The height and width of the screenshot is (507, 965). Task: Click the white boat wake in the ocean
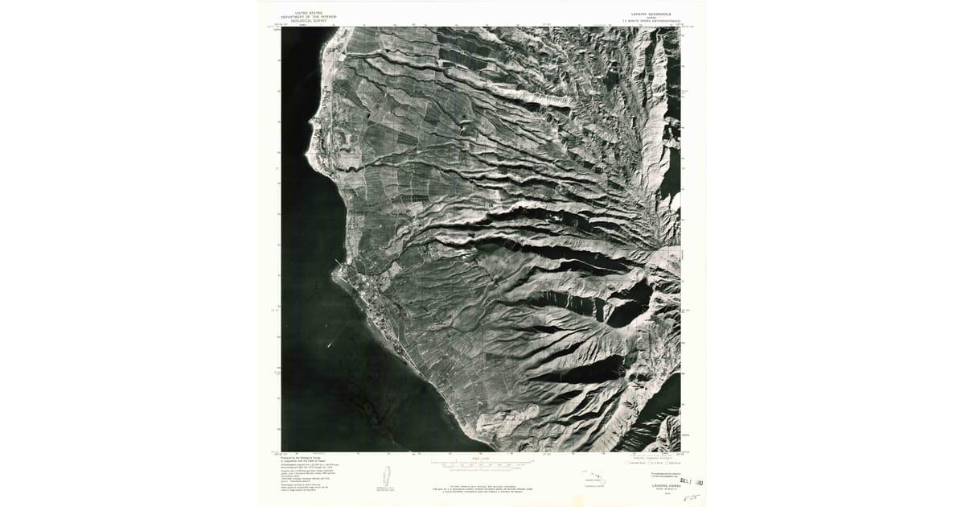331,344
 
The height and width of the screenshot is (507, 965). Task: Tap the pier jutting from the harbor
337,263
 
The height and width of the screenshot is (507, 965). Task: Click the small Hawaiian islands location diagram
596,479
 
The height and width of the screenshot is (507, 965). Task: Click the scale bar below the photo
482,464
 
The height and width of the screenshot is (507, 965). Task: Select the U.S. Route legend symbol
651,463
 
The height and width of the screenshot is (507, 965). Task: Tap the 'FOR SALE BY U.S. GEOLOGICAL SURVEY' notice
482,486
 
